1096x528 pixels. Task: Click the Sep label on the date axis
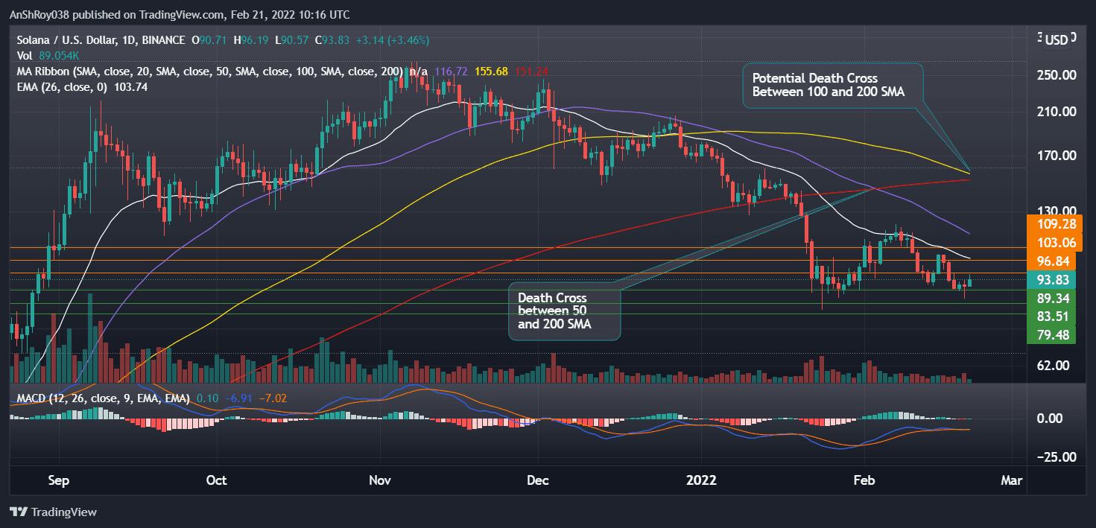pos(59,480)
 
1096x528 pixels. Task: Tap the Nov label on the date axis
pos(380,480)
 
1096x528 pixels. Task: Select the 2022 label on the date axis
pos(700,480)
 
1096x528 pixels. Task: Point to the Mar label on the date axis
pos(1010,480)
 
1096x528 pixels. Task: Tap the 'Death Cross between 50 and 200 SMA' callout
pos(564,311)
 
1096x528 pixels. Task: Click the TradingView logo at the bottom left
pos(53,512)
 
